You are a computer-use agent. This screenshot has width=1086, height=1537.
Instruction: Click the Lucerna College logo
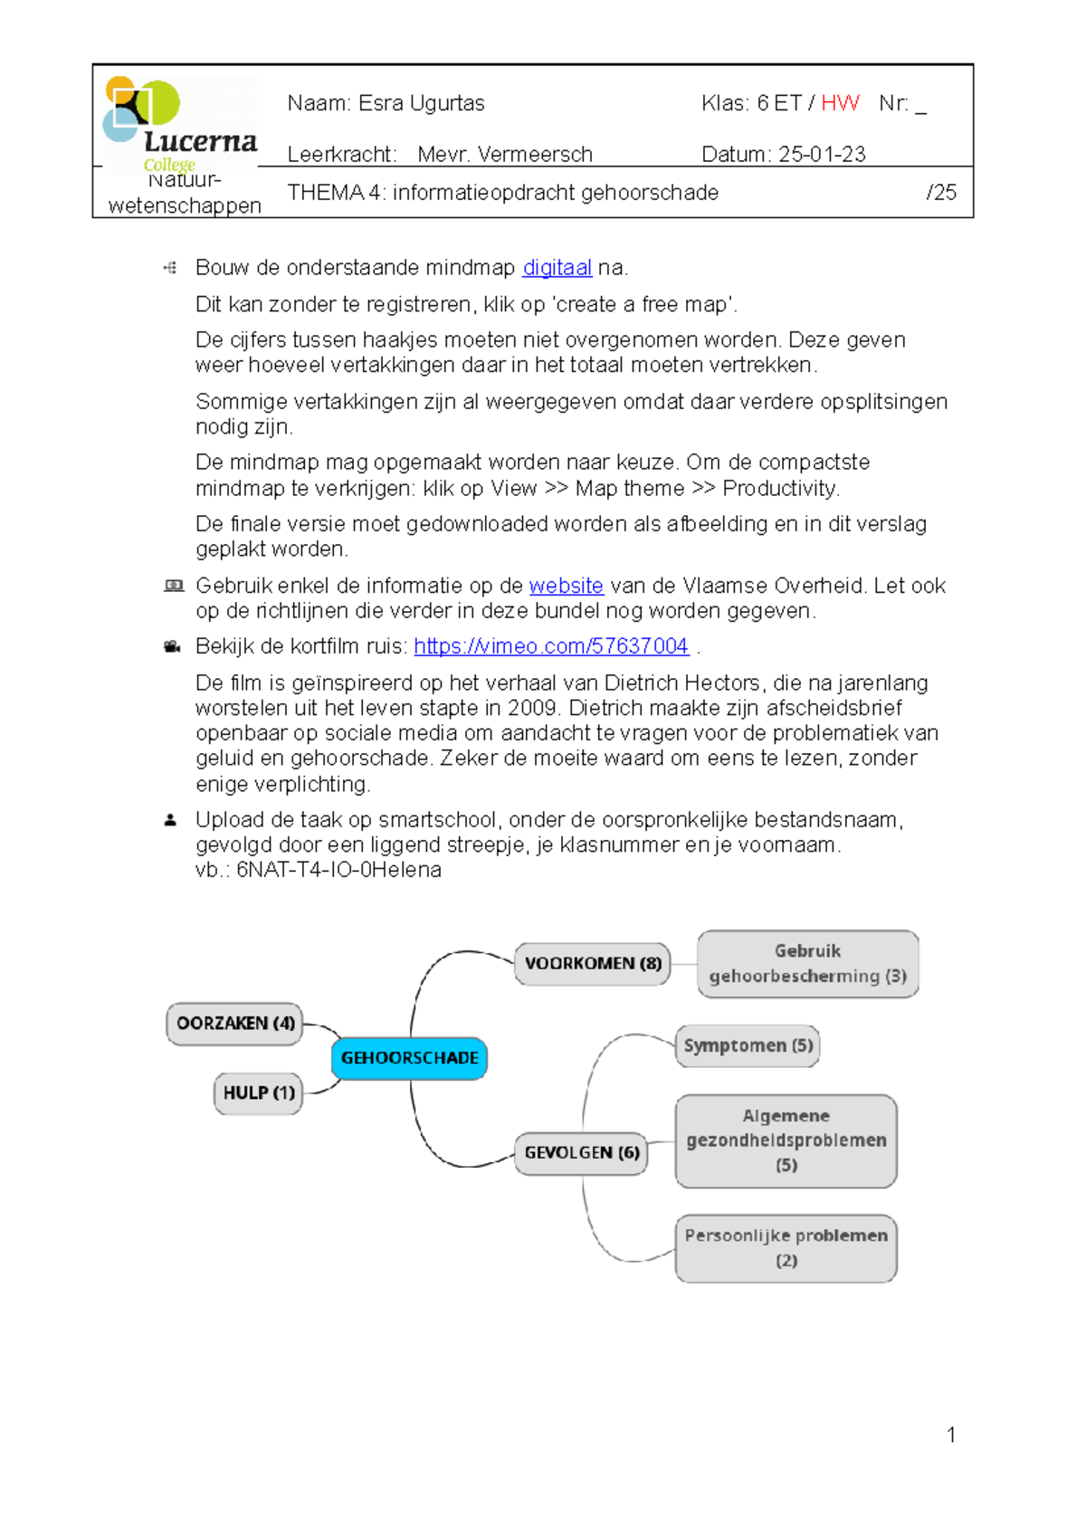[179, 124]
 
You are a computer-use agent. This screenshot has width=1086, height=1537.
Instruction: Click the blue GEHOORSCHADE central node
[409, 1058]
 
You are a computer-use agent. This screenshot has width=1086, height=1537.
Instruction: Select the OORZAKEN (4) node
[234, 1024]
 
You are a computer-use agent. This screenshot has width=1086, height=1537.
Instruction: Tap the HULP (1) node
[258, 1093]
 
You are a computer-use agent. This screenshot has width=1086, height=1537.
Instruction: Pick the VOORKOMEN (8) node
[593, 964]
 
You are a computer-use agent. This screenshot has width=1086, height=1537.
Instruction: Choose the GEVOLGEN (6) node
[581, 1153]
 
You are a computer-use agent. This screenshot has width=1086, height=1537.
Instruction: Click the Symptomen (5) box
[748, 1046]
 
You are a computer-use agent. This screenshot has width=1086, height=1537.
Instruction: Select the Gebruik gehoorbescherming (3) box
[807, 964]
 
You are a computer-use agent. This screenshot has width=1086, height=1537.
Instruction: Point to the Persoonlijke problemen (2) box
[786, 1248]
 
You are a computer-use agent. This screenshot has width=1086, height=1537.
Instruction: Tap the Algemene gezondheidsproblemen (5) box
[786, 1141]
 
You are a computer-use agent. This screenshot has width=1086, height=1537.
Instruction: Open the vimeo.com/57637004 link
[551, 646]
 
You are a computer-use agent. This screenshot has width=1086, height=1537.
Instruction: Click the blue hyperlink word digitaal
[557, 268]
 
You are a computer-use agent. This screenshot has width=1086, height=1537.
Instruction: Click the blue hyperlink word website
[566, 586]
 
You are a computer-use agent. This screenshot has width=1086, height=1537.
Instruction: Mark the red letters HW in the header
[840, 103]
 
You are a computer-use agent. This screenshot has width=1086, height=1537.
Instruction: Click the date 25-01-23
[822, 155]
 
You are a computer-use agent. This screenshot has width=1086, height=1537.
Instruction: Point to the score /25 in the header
[941, 193]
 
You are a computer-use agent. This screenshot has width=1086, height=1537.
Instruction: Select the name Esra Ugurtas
[422, 103]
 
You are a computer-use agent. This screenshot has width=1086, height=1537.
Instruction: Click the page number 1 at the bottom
[951, 1435]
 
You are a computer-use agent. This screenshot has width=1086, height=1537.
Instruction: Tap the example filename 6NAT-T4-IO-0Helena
[338, 870]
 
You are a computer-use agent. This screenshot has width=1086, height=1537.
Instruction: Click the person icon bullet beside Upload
[170, 820]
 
